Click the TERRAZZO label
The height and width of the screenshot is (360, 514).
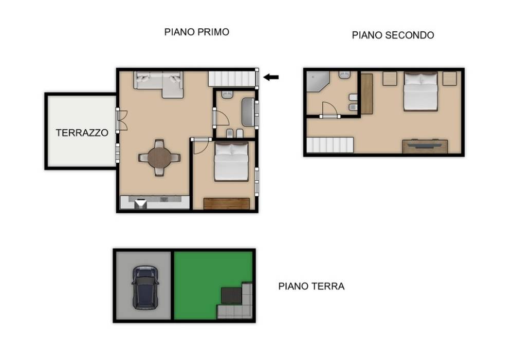pyautogui.click(x=82, y=132)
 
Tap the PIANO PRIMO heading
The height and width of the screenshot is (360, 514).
pyautogui.click(x=196, y=32)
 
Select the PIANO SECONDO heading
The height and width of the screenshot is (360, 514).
pyautogui.click(x=393, y=35)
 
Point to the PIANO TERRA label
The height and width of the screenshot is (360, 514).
pyautogui.click(x=311, y=287)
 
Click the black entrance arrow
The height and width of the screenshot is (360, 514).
pyautogui.click(x=271, y=78)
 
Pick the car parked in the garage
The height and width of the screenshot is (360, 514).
pyautogui.click(x=145, y=287)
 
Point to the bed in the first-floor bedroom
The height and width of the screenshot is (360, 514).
pyautogui.click(x=231, y=161)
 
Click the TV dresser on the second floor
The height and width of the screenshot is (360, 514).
pyautogui.click(x=425, y=146)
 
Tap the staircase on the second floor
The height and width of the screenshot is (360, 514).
pyautogui.click(x=330, y=145)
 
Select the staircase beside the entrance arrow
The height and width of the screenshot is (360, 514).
pyautogui.click(x=232, y=79)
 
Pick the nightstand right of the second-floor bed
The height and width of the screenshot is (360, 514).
pyautogui.click(x=449, y=79)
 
